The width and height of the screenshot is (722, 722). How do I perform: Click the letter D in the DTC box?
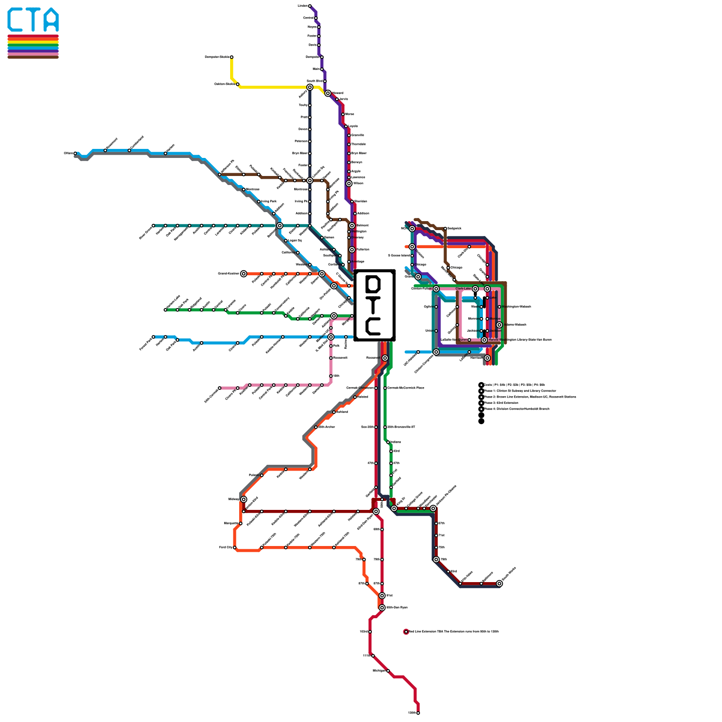pyautogui.click(x=374, y=285)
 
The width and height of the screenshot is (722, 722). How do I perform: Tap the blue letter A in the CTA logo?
pyautogui.click(x=51, y=19)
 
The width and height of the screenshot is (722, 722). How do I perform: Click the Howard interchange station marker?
pyautogui.click(x=328, y=93)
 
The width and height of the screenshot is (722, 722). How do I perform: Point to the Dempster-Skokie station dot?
pyautogui.click(x=231, y=57)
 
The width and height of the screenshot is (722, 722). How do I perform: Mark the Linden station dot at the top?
pyautogui.click(x=310, y=6)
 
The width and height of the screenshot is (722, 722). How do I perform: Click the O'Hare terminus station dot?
pyautogui.click(x=75, y=153)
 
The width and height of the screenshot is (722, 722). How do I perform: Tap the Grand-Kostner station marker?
pyautogui.click(x=244, y=274)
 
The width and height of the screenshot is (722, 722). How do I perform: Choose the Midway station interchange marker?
pyautogui.click(x=244, y=499)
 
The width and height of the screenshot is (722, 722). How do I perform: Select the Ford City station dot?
pyautogui.click(x=235, y=548)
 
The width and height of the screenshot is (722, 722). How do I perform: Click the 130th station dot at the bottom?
pyautogui.click(x=418, y=713)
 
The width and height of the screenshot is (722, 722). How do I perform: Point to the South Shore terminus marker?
pyautogui.click(x=499, y=583)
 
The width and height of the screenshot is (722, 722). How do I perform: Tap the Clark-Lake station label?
pyautogui.click(x=463, y=289)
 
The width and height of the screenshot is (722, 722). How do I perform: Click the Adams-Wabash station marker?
pyautogui.click(x=499, y=325)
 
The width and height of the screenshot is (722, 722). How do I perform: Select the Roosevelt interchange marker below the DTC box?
pyautogui.click(x=385, y=358)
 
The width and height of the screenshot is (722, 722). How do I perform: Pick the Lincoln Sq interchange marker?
pyautogui.click(x=310, y=180)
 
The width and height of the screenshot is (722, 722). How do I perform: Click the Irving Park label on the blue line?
pyautogui.click(x=268, y=202)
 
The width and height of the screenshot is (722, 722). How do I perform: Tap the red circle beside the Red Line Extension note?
pyautogui.click(x=406, y=632)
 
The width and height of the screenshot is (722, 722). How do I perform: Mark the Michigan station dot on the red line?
pyautogui.click(x=388, y=671)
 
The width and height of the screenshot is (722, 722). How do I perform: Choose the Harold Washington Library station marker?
pyautogui.click(x=484, y=340)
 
